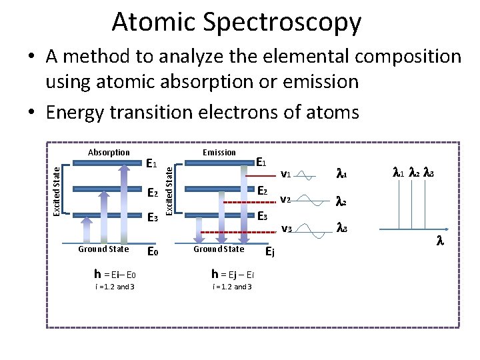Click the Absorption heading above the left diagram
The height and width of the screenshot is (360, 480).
(109, 153)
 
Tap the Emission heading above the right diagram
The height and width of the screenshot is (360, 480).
(219, 153)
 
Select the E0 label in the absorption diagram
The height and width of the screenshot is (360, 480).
(152, 252)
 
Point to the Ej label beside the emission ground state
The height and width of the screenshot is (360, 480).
(270, 252)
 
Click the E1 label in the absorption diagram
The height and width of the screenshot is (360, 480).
(152, 163)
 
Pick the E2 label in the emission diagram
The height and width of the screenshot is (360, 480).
(262, 191)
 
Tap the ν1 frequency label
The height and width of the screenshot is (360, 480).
(285, 175)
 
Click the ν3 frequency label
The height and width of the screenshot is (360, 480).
(285, 229)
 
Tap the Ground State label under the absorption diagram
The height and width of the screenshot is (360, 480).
(103, 249)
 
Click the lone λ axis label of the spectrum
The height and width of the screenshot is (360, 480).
(439, 242)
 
